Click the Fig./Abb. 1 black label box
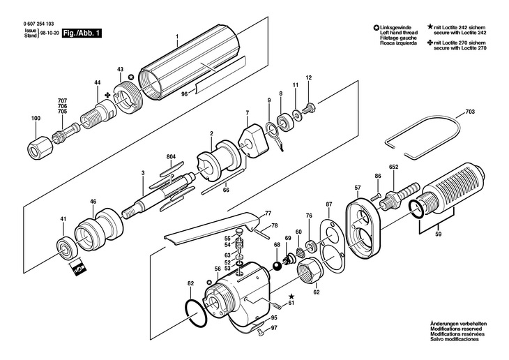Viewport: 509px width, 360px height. point(82,33)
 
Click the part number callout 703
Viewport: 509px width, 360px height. point(470,112)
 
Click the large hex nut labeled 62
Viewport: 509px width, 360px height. point(310,270)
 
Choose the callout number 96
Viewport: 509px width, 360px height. point(184,94)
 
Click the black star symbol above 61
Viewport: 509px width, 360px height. point(291,297)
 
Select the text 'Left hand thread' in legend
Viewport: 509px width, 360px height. point(399,33)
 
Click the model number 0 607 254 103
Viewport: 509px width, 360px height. point(39,24)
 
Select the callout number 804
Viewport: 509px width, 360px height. point(171,156)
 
